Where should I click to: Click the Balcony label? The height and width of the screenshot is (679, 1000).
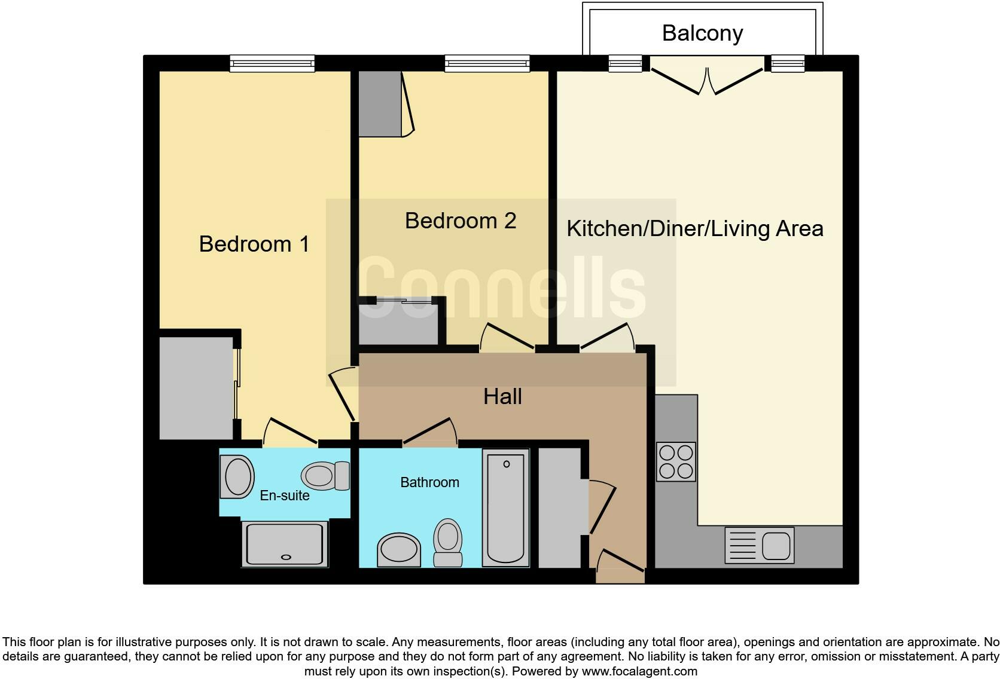[702, 33]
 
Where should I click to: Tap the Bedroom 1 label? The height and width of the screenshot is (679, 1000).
[254, 244]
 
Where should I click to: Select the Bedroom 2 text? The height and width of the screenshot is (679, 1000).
[460, 221]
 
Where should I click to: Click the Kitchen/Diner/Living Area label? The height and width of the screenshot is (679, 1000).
[694, 228]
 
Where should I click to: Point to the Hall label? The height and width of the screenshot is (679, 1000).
[502, 396]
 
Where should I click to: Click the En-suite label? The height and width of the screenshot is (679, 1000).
[285, 496]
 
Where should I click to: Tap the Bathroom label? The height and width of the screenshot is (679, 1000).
[429, 482]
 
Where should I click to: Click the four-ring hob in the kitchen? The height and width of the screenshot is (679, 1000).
[676, 461]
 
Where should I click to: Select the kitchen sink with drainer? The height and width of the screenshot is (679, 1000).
[759, 545]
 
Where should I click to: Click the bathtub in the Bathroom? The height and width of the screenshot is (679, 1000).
[506, 507]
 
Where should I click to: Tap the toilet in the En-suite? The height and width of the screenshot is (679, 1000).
[325, 476]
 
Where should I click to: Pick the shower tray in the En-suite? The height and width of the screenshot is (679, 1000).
[285, 543]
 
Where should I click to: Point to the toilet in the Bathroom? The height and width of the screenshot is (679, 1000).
[447, 542]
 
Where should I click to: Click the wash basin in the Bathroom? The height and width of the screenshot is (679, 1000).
[399, 549]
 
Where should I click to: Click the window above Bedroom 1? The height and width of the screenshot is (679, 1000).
[272, 63]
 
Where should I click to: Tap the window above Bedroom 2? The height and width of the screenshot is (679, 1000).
[487, 63]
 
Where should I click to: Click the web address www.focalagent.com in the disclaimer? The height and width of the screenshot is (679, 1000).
[639, 671]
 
